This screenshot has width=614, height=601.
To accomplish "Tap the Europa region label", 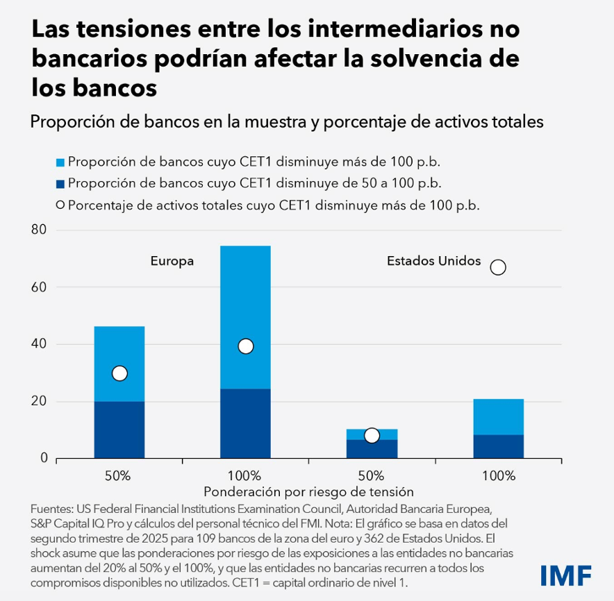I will click(x=172, y=262).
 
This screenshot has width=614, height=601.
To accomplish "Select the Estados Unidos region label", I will click(x=433, y=261).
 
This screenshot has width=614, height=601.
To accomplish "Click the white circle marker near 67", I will click(x=497, y=267).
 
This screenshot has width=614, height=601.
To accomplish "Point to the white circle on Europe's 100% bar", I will click(x=245, y=346).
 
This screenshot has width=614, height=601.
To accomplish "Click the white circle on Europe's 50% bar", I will click(x=119, y=373).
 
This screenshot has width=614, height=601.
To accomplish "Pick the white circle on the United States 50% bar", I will click(x=372, y=436).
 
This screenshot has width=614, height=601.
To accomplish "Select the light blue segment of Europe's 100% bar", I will click(x=245, y=305).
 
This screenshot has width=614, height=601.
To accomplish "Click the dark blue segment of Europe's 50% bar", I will click(x=119, y=430).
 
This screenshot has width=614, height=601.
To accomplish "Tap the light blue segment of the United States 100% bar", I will click(x=498, y=416).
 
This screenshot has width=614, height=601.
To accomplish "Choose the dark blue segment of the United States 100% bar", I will click(x=498, y=446).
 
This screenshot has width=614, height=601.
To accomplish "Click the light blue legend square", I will click(x=60, y=162).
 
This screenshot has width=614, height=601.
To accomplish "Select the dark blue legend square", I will click(x=60, y=184).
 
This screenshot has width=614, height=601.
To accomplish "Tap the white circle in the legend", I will click(x=60, y=205).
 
